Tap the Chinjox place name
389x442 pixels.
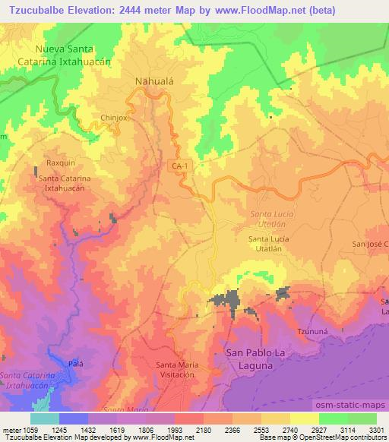coord(116,118)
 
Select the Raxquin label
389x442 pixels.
coord(60,163)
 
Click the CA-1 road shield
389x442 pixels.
coord(178,166)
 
